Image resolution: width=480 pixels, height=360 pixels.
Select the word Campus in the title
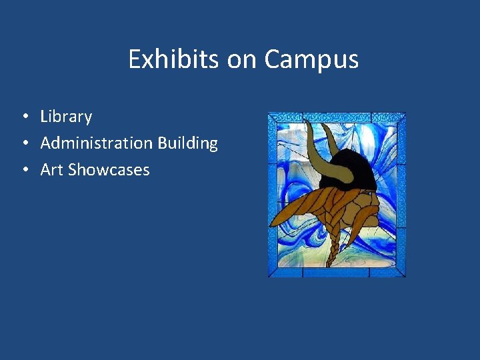311,59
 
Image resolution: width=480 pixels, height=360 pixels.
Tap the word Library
66,117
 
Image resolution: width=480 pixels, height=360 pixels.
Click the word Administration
96,143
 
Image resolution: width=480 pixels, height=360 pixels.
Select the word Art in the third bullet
52,169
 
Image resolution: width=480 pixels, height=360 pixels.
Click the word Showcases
109,169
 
